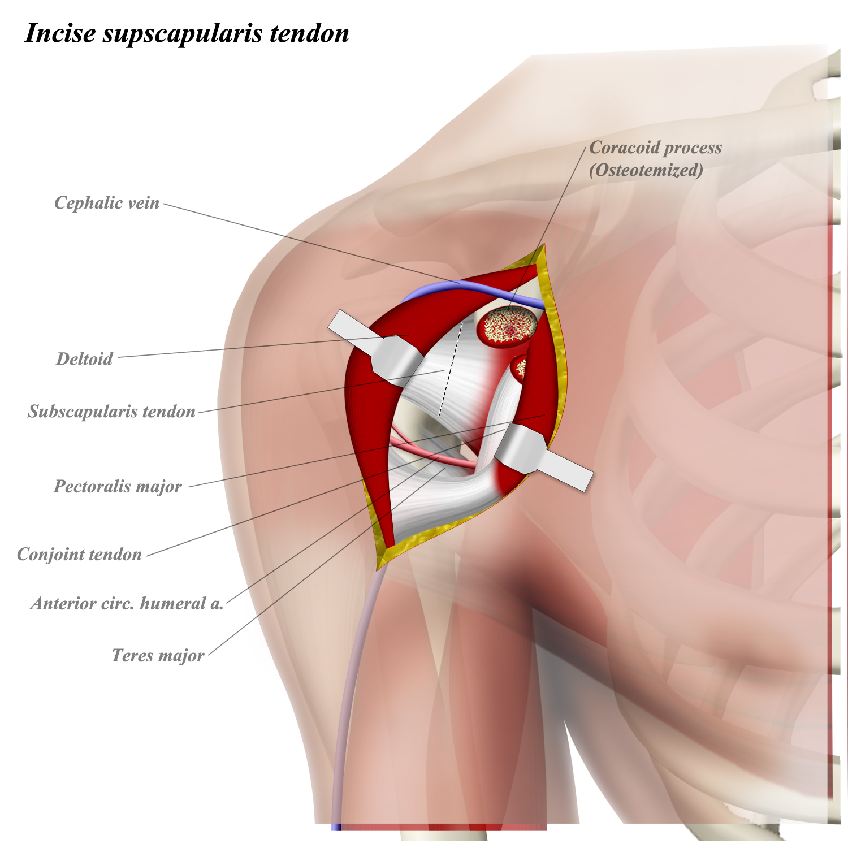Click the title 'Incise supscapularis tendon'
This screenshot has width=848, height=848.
point(187,33)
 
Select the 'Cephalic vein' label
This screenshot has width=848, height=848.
point(106,203)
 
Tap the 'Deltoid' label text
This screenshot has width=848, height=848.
point(84,359)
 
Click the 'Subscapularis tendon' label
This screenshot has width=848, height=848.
point(111,412)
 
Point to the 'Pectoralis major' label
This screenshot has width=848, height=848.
point(118,487)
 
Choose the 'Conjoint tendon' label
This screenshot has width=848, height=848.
point(79,555)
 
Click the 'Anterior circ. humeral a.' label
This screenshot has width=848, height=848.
point(127,604)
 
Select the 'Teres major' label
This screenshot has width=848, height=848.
point(158,656)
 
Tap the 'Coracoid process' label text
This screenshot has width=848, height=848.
point(655,148)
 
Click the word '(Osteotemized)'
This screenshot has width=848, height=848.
point(646,170)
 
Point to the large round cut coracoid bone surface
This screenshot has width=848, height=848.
point(507,327)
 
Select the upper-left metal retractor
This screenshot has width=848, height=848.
point(379,348)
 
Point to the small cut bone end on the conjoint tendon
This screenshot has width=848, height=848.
point(519,367)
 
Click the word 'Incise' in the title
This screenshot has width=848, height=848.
point(60,33)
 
